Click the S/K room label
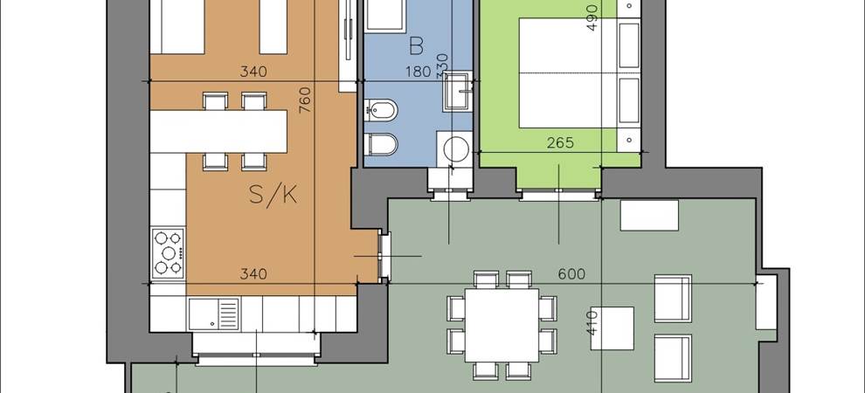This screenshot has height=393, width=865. [x=273, y=195]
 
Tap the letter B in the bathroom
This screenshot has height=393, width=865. [x=417, y=47]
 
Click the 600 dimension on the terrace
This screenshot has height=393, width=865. [x=571, y=274]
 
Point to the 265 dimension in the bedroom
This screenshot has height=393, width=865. [x=560, y=143]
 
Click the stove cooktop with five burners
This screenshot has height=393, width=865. [x=168, y=252]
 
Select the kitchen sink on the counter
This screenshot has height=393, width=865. [x=213, y=314]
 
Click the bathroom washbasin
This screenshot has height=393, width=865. [x=457, y=91]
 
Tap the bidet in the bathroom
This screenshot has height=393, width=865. [x=381, y=110]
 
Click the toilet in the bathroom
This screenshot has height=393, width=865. [x=381, y=144]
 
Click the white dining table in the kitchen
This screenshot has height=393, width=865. [x=218, y=132]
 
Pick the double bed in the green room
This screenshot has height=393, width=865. [x=567, y=73]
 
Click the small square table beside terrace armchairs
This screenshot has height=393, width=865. [x=612, y=328]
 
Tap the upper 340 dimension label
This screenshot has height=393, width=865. [x=253, y=72]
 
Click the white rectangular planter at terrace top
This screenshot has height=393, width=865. [x=649, y=215]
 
